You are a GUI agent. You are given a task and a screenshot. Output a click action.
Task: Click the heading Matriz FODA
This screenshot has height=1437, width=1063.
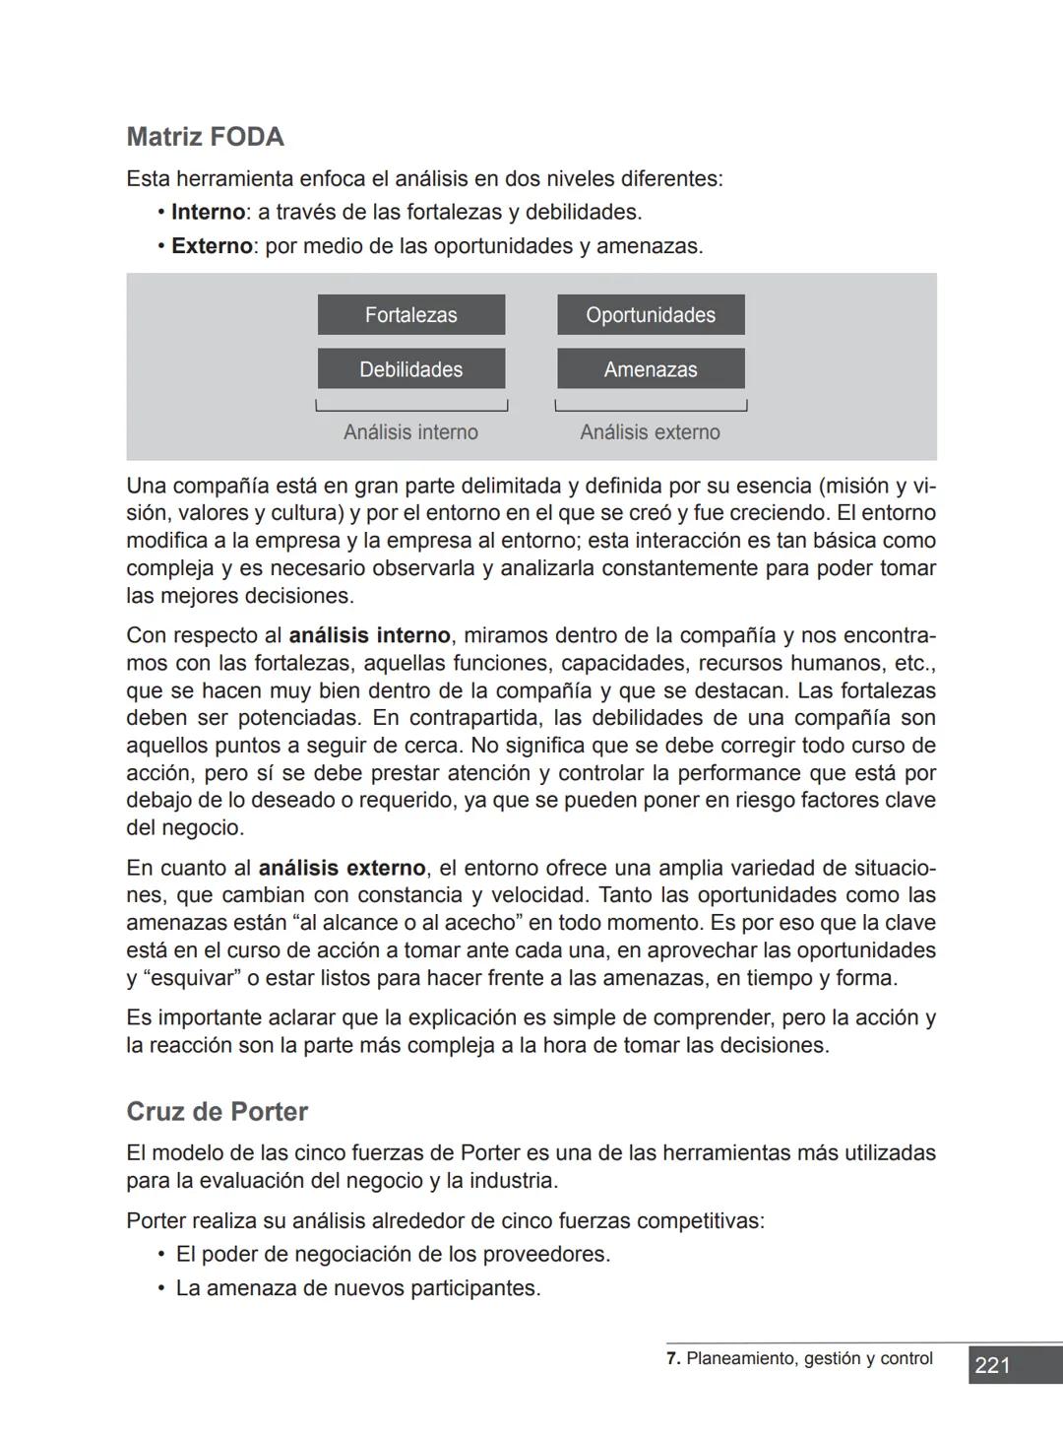(x=205, y=137)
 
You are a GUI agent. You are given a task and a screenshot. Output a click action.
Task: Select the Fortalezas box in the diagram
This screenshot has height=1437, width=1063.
(x=410, y=315)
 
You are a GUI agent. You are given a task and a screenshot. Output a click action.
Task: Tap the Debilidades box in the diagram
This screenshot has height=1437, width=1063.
(x=410, y=369)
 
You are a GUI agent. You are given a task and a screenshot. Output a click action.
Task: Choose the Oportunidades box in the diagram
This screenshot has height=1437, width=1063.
(x=651, y=315)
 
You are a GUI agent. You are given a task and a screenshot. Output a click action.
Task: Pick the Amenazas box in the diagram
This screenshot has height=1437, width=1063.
(x=651, y=369)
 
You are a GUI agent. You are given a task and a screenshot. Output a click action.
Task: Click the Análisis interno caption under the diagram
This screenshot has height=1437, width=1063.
(x=410, y=432)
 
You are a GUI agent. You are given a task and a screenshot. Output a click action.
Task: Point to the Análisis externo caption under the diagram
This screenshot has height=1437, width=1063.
(x=650, y=432)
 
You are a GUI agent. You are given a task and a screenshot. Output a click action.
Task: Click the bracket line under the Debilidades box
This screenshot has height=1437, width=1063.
(x=410, y=410)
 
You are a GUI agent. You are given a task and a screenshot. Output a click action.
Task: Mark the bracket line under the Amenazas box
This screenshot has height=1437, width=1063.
(x=651, y=410)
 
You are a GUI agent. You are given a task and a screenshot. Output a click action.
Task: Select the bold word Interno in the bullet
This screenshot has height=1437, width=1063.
(x=208, y=213)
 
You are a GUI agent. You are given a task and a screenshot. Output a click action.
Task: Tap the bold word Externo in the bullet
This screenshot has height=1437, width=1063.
(x=212, y=246)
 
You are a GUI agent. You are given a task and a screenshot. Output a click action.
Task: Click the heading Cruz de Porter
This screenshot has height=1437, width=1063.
(x=217, y=1112)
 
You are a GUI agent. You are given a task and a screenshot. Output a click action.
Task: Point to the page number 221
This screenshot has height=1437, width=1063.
(x=992, y=1365)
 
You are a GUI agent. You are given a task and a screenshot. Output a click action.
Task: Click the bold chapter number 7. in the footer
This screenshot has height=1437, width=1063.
(x=673, y=1359)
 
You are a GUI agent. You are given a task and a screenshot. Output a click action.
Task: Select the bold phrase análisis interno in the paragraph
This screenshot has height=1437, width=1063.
(x=369, y=636)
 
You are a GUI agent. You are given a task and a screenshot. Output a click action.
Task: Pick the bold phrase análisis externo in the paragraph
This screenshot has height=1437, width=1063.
(x=342, y=869)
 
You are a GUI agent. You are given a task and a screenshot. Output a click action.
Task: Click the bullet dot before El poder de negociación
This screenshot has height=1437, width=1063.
(x=160, y=1255)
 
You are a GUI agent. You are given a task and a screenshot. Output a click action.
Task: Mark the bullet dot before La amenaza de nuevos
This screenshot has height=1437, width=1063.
(x=160, y=1288)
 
